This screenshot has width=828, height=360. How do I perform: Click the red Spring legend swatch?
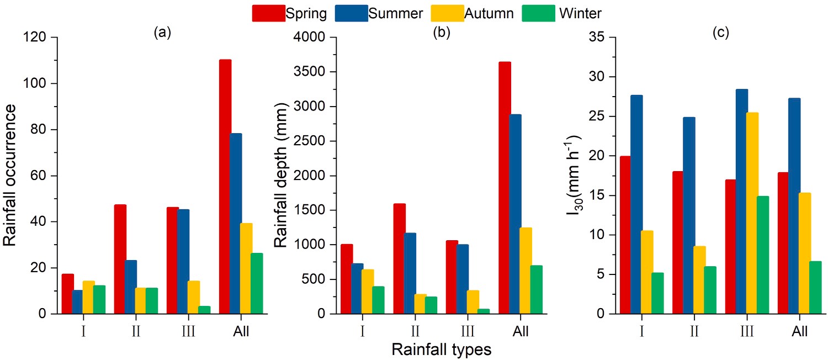point(269,13)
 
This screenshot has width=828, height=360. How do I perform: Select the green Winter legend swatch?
point(538,13)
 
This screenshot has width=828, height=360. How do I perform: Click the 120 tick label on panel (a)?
point(35,38)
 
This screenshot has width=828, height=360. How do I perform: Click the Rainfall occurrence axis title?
point(10,175)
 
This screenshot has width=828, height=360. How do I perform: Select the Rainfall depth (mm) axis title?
point(282,175)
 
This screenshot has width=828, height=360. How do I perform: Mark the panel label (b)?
point(442,33)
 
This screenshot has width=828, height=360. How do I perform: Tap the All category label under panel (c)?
point(799,332)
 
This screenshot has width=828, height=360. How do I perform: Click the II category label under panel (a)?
point(136,332)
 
